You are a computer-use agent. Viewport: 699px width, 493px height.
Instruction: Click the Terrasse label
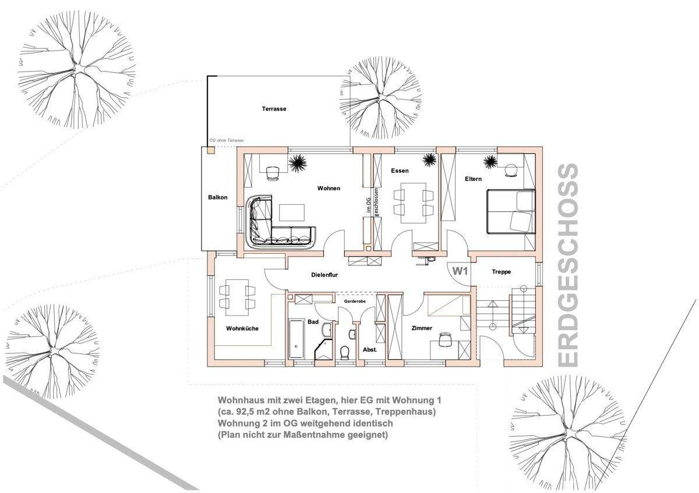coord(274,109)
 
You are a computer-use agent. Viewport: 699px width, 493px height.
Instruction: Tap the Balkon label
coord(217,197)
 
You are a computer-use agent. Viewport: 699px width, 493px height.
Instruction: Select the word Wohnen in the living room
coord(329,189)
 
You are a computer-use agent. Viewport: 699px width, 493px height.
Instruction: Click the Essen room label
coord(400,171)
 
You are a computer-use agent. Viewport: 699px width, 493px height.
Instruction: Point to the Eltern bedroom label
coord(473,179)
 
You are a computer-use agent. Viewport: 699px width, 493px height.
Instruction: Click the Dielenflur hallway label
coord(324,275)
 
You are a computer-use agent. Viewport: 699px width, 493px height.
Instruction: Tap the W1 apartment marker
coord(460,271)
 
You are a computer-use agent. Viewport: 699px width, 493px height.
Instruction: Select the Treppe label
coord(502,272)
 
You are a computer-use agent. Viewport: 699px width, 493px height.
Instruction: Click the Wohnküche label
coord(242,328)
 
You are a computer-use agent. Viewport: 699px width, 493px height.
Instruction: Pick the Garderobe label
coord(355,302)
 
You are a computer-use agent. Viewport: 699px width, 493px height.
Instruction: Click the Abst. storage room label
coord(370,350)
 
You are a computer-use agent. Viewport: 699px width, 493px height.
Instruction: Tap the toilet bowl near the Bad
coord(344,353)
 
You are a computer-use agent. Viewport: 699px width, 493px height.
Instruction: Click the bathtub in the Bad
coord(296,338)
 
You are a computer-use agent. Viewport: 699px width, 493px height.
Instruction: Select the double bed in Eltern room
coord(511,211)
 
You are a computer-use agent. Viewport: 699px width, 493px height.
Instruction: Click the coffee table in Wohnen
coord(292,212)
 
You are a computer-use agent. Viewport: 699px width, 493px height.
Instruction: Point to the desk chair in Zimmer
coord(444,339)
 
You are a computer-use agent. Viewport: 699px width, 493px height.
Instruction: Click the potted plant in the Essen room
coord(429,160)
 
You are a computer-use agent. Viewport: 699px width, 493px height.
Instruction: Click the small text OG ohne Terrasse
coord(226,141)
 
